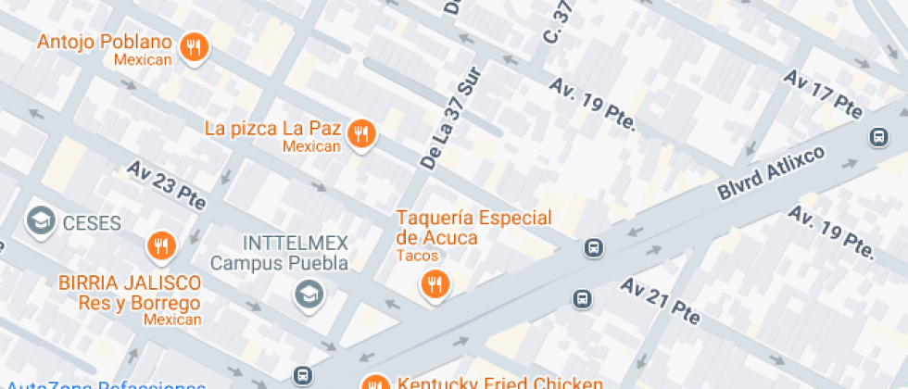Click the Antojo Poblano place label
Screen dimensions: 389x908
tap(105, 43)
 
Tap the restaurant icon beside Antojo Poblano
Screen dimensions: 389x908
tap(194, 47)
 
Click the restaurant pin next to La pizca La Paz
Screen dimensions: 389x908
tap(361, 135)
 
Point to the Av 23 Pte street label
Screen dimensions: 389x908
tap(167, 184)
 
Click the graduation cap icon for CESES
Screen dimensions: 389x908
tap(40, 220)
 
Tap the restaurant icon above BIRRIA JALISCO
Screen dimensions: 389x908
tap(162, 245)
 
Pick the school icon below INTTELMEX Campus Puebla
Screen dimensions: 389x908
tap(306, 295)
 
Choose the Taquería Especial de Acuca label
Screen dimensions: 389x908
tap(473, 227)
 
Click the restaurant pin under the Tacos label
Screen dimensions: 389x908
tap(434, 284)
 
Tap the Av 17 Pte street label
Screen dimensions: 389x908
tap(823, 93)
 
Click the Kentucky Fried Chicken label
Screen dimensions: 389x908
tap(500, 382)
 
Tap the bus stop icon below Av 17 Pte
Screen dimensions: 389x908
tap(876, 137)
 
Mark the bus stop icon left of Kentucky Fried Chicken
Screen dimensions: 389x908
tap(302, 375)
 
